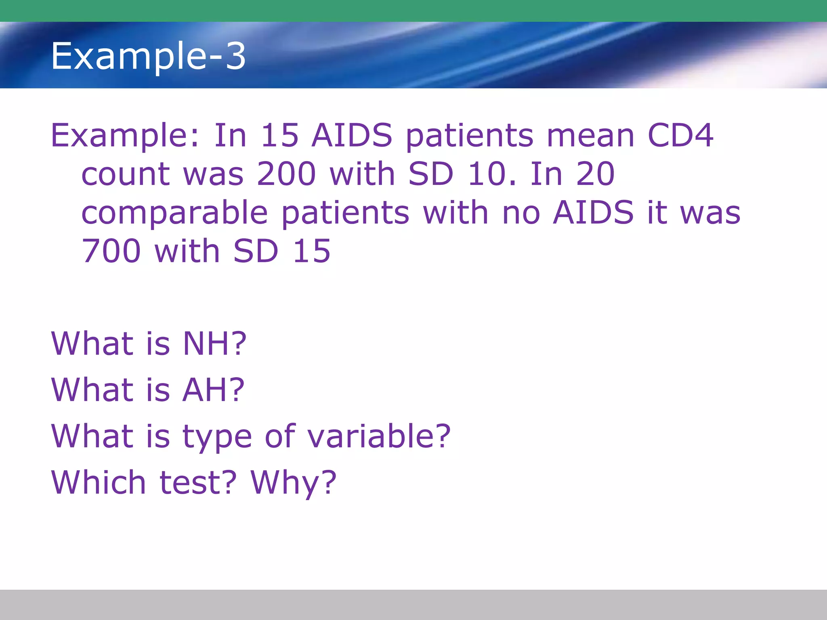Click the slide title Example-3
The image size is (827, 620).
[148, 56]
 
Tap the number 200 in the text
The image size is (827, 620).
[286, 174]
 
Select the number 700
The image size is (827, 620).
[111, 251]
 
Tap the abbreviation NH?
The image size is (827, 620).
[214, 344]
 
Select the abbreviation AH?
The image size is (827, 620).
[213, 390]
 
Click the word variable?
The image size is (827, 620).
[378, 436]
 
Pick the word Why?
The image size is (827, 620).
[293, 483]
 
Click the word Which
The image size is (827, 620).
[98, 482]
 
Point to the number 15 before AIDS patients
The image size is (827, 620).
[279, 135]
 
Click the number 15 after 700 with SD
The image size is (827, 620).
[311, 251]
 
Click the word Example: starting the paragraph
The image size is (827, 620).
[125, 136]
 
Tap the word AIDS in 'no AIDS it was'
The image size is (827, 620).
[593, 212]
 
